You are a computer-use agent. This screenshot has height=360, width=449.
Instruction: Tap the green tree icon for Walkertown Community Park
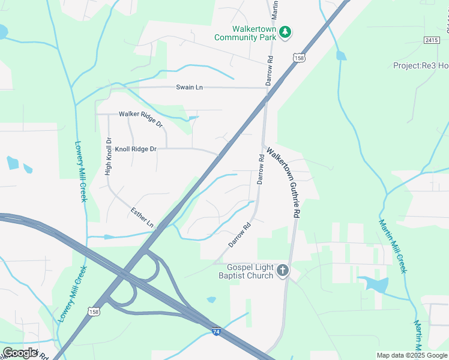coord(286,32)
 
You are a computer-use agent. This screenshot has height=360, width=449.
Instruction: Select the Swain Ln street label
coord(189,87)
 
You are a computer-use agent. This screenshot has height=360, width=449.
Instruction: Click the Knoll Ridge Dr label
coord(136,149)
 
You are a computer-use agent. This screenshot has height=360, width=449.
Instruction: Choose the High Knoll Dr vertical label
coord(109,156)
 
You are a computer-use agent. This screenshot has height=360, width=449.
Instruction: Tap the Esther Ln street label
coord(142,217)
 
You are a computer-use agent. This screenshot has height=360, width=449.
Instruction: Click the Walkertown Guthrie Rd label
coord(284,182)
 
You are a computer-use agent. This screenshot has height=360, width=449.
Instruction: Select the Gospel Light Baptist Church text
coord(250,272)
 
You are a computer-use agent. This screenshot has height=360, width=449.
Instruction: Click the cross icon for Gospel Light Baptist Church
coord(283,271)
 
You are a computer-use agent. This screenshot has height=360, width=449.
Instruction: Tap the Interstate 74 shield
coord(216,331)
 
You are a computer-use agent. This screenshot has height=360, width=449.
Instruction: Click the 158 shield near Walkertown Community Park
coord(299,58)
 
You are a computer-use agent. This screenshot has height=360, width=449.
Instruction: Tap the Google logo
coord(20,353)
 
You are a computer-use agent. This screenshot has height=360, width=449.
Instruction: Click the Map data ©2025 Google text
coord(412,355)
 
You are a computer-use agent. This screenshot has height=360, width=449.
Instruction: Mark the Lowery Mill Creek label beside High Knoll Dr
coord(80,172)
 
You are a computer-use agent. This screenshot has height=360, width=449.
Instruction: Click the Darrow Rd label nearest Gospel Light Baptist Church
coord(239,235)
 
